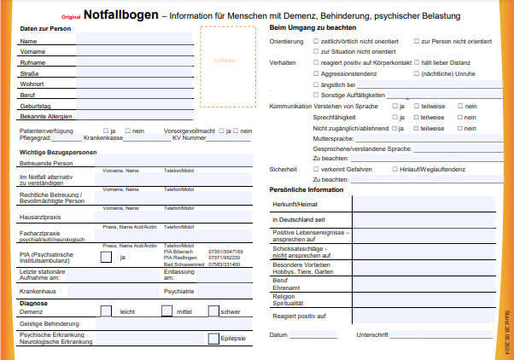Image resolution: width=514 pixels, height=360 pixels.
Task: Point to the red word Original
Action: tap(72, 17)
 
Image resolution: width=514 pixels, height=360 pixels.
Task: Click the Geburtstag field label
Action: tap(34, 105)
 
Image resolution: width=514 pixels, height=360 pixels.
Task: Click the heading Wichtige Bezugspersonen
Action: tap(57, 151)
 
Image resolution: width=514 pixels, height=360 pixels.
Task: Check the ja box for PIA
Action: tap(106, 257)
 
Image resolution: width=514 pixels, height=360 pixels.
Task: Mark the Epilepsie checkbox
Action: tap(213, 339)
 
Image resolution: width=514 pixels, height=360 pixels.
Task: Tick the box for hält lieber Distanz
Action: tap(415, 63)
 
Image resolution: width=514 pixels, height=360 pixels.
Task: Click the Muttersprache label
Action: tap(332, 137)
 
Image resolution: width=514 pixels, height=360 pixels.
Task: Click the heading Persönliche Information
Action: tap(306, 189)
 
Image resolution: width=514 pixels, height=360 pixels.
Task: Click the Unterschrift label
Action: tap(372, 334)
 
